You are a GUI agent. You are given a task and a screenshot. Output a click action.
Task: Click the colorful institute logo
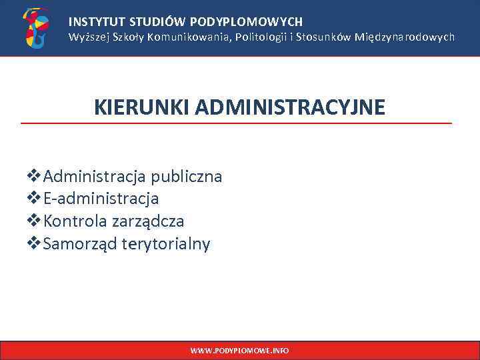pyautogui.click(x=36, y=28)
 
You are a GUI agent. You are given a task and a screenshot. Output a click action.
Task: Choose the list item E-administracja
pyautogui.click(x=100, y=199)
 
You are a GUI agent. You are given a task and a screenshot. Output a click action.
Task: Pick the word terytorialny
pyautogui.click(x=166, y=244)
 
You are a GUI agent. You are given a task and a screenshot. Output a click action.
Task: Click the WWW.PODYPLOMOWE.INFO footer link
pyautogui.click(x=239, y=350)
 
